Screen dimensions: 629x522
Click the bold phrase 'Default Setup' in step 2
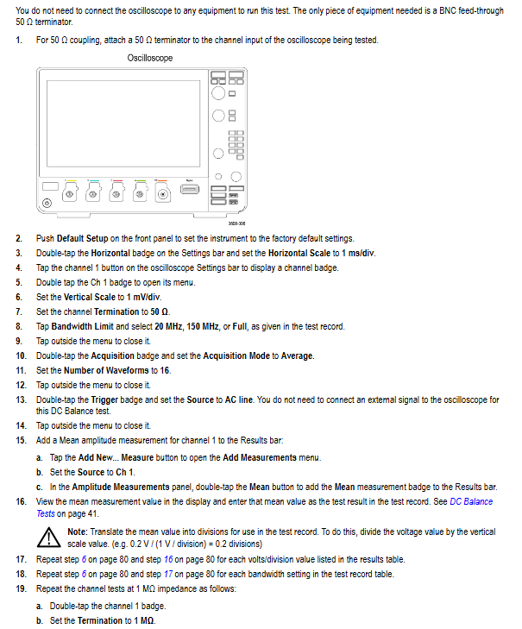[84, 239]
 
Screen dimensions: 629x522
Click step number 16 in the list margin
[21, 501]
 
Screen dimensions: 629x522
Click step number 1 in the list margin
[19, 41]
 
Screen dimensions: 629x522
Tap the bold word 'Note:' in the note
[77, 532]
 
